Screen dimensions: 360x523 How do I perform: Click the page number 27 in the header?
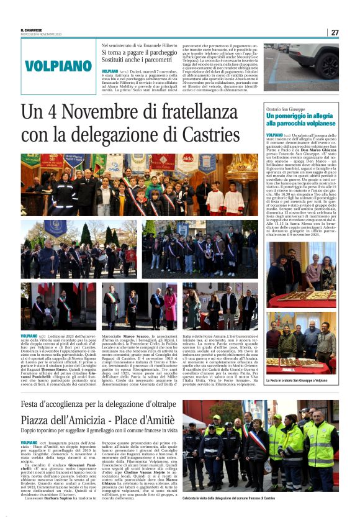(335, 32)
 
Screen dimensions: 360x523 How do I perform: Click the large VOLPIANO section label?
(59, 65)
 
